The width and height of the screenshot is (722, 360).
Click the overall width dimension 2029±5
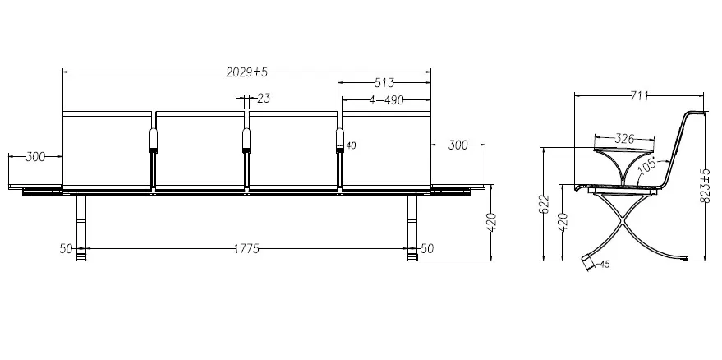click(x=247, y=72)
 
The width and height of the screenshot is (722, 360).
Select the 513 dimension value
click(x=384, y=83)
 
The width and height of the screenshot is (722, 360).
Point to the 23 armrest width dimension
click(x=263, y=99)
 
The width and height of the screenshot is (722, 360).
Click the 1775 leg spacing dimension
click(x=244, y=248)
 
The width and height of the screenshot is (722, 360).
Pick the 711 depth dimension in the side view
click(x=637, y=96)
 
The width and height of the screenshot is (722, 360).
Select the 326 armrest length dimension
click(x=624, y=139)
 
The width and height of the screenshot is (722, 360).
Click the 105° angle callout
click(x=646, y=165)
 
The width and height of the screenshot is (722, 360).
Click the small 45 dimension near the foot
click(x=604, y=265)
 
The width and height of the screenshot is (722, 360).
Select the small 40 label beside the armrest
click(x=351, y=145)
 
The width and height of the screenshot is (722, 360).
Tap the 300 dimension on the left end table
click(x=35, y=157)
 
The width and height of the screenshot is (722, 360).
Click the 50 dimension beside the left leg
click(x=66, y=248)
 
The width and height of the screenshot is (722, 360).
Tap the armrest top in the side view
click(x=624, y=150)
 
